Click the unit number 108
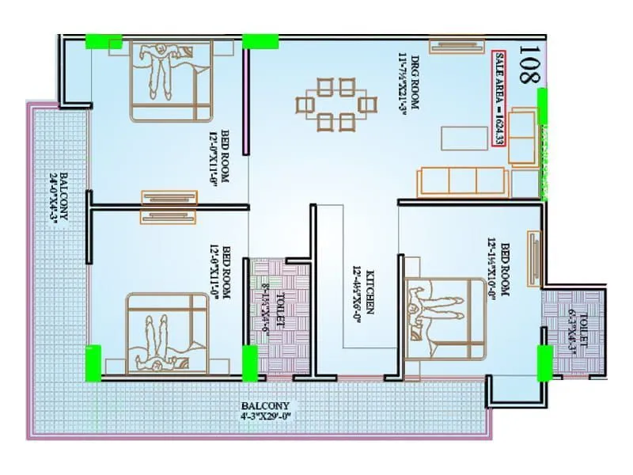pyautogui.click(x=528, y=66)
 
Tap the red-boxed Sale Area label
pyautogui.click(x=499, y=98)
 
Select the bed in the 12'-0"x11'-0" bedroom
pyautogui.click(x=167, y=332)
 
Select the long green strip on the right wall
pyautogui.click(x=543, y=142)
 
